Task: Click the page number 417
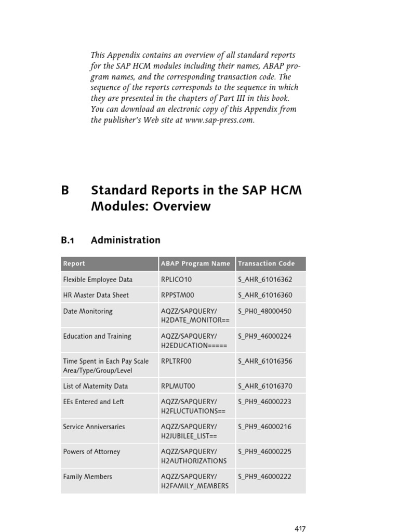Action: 300,528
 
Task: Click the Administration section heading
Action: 125,240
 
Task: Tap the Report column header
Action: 74,263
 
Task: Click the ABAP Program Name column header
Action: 195,263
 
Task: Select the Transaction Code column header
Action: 266,263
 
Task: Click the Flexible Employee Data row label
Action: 98,280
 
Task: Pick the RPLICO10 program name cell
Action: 177,280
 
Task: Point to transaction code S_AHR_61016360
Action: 265,295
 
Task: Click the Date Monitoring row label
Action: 88,311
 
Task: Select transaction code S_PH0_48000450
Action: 265,311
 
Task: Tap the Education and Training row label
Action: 97,336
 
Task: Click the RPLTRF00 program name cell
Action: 177,361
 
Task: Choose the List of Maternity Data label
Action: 96,386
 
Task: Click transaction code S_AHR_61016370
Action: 265,386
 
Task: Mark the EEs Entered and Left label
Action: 94,402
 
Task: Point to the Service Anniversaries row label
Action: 94,427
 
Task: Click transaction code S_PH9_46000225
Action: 265,451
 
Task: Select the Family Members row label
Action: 87,476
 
